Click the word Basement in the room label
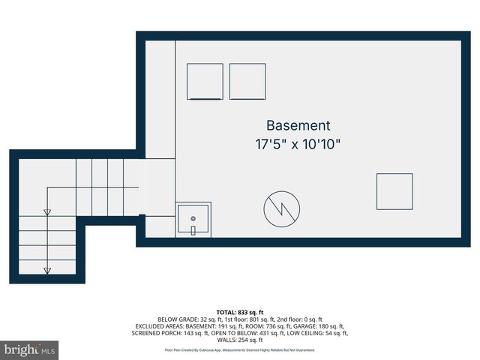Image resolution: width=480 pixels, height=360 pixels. point(298,126)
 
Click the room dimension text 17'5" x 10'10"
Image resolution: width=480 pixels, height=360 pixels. point(298,144)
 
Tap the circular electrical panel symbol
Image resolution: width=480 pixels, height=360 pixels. point(281,209)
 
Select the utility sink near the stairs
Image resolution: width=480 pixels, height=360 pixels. point(193,220)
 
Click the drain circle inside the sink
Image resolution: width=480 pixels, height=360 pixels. point(193,218)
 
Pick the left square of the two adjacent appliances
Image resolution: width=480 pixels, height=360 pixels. point(205,82)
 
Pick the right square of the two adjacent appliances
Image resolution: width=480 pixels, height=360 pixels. point(247,82)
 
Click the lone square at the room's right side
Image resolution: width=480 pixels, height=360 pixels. point(394,192)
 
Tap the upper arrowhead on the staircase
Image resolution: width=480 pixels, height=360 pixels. point(47,213)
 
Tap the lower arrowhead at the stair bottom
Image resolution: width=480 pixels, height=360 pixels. point(47,271)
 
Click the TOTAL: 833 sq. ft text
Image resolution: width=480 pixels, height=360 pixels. point(240,311)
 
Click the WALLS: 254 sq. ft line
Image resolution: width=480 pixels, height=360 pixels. point(240,340)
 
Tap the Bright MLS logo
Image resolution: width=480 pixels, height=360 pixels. point(30,349)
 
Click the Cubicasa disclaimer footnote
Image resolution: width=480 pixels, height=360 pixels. point(240,350)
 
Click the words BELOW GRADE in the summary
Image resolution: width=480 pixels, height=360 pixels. point(177,319)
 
